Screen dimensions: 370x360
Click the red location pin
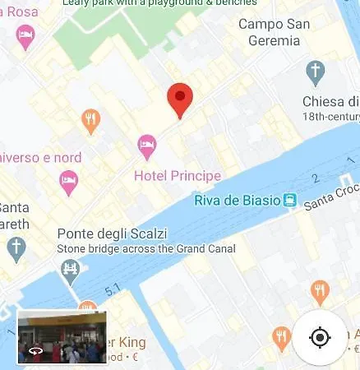180,99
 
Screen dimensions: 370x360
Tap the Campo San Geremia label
275,31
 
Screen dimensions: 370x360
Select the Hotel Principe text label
178,176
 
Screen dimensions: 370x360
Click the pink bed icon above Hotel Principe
147,146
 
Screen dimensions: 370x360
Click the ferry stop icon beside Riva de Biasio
289,200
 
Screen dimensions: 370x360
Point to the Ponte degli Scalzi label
111,233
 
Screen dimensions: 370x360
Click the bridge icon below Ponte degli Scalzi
71,268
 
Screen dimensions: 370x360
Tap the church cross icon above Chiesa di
316,72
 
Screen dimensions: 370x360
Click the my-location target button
321,337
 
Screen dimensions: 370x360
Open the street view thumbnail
62,337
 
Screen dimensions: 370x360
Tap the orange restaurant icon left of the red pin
91,121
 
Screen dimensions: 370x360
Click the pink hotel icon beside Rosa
26,35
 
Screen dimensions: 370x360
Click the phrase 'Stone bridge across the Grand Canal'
146,248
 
